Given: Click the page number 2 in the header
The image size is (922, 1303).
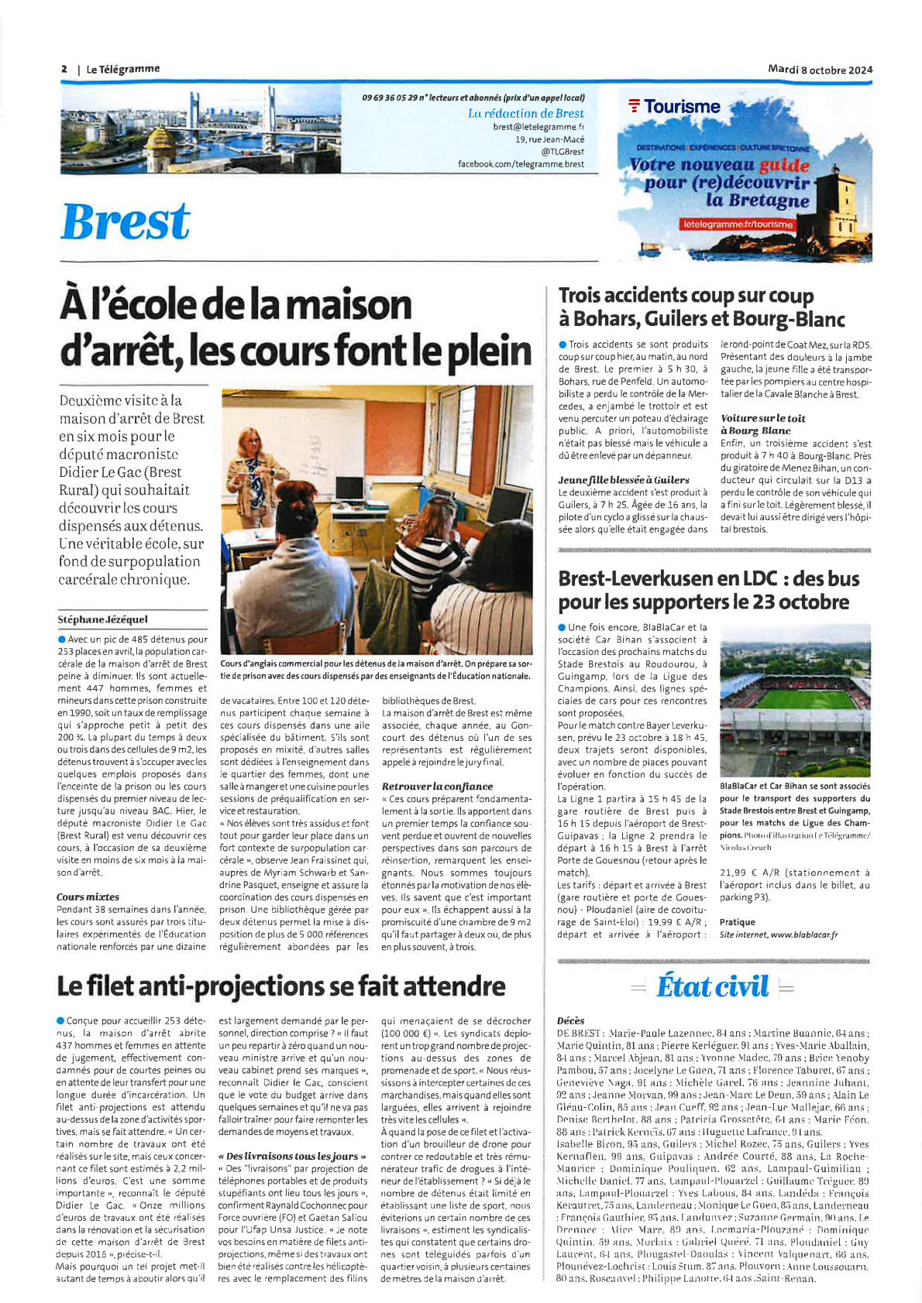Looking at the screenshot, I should coord(64,69).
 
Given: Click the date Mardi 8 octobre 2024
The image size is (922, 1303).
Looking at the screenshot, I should coord(820,70).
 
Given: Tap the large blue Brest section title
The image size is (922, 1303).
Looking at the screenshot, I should coord(126,222).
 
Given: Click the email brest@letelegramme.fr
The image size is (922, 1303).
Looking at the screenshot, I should coord(538,126).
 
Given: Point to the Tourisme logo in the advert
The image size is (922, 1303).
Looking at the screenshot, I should coord(675,107).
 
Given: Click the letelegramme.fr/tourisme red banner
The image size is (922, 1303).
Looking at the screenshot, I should coord(738,225).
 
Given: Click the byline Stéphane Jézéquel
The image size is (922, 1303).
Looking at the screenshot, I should coord(102,619).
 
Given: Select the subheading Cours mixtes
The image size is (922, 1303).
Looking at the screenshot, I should coord(88,897).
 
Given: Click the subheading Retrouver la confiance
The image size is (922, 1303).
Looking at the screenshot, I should coord(437,786).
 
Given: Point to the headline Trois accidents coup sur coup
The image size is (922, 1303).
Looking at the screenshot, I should coord(686,296).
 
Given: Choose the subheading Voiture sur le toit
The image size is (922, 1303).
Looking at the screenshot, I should coord(762,418).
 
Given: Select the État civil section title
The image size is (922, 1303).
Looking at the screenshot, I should coord(712,987).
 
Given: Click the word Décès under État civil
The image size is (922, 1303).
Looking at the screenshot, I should coord(570,1020).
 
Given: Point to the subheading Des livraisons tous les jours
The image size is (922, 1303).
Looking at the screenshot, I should coord(292,1156).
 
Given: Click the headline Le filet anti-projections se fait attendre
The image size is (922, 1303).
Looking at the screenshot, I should coord(280,986).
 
